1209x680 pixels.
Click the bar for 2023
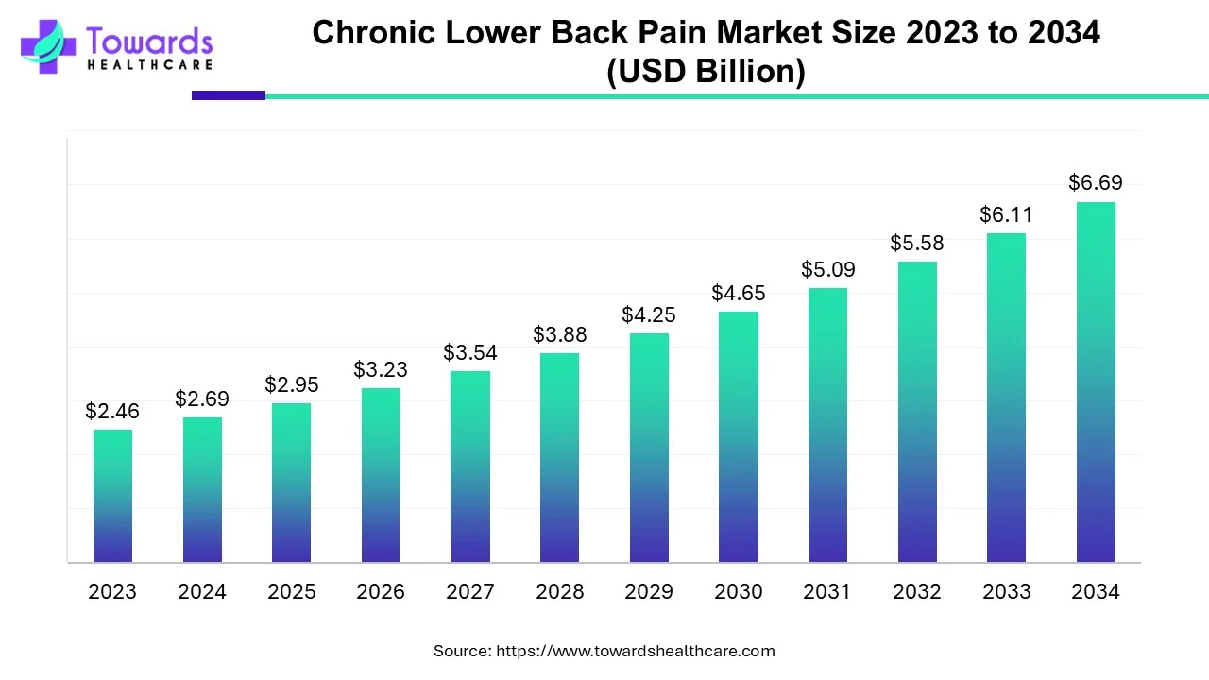(112, 496)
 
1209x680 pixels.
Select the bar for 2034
(1096, 382)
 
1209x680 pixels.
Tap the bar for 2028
(559, 458)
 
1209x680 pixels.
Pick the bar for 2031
(827, 425)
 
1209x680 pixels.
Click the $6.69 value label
(1096, 182)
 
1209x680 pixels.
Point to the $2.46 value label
(112, 411)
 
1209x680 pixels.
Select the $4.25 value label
(648, 314)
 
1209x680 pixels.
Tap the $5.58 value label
(916, 243)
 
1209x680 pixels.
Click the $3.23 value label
(381, 369)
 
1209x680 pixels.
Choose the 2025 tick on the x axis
(291, 592)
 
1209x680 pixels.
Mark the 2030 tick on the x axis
(738, 592)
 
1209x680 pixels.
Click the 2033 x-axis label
(1006, 592)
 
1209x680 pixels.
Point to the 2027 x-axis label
(469, 592)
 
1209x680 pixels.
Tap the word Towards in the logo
(149, 41)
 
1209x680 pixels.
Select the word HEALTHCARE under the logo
(149, 65)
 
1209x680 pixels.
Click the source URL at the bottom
(636, 651)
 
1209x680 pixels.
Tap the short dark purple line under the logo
(229, 95)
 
